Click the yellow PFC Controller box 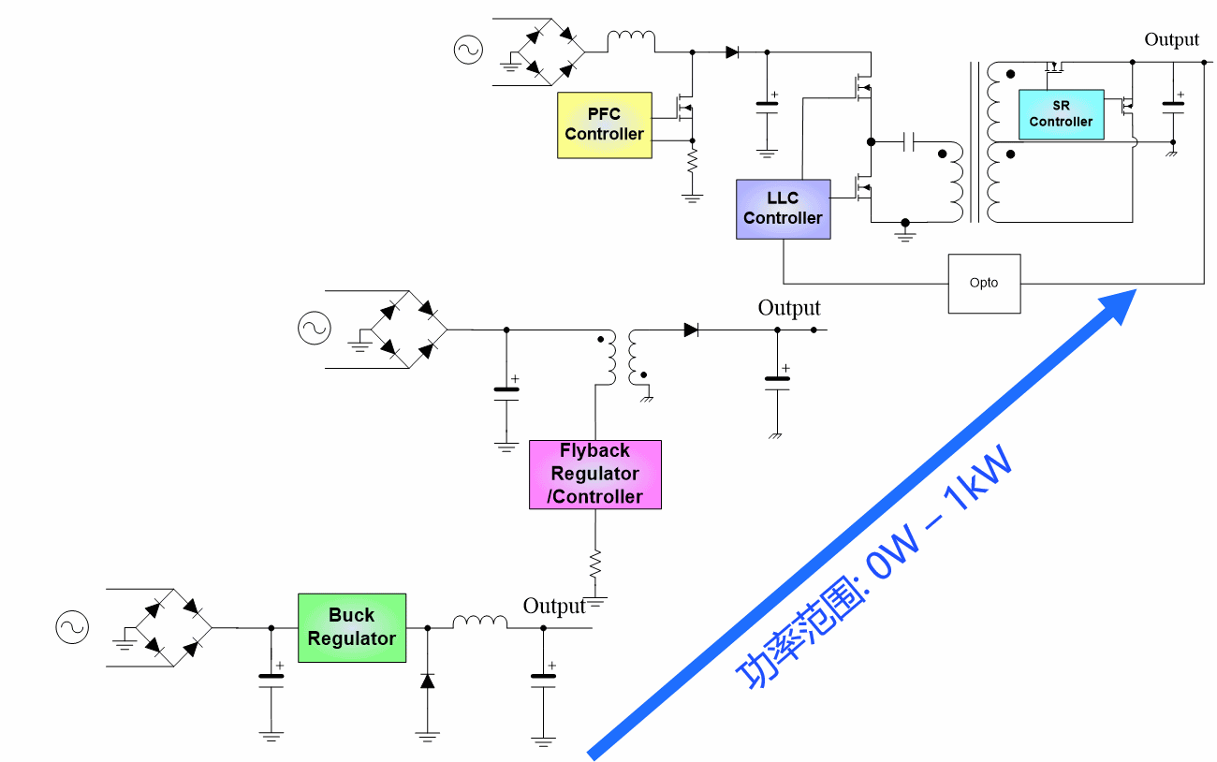605,125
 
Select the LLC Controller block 783,209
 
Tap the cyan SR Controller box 1061,114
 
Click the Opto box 984,283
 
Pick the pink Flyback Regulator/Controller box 594,474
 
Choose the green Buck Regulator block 352,627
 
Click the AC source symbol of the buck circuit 71,628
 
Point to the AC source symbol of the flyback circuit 315,328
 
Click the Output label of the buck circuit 554,606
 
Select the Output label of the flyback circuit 789,308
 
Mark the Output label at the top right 1171,39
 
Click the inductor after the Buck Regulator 479,622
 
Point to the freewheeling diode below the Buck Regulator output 428,680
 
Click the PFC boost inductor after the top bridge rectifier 631,40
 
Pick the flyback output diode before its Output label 692,330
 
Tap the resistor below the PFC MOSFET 693,163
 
